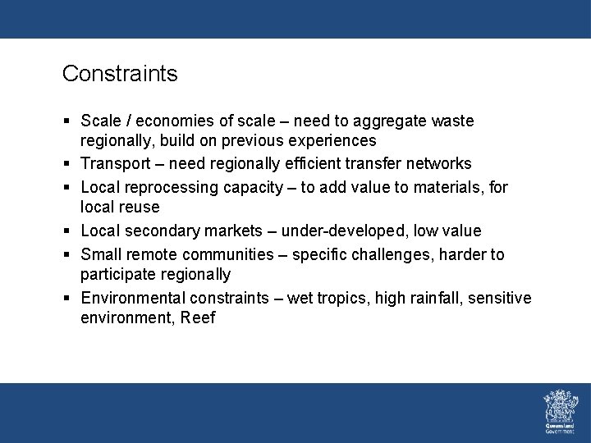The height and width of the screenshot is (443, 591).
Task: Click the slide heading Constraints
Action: tap(120, 74)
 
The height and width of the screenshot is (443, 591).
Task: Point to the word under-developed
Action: tap(344, 231)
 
